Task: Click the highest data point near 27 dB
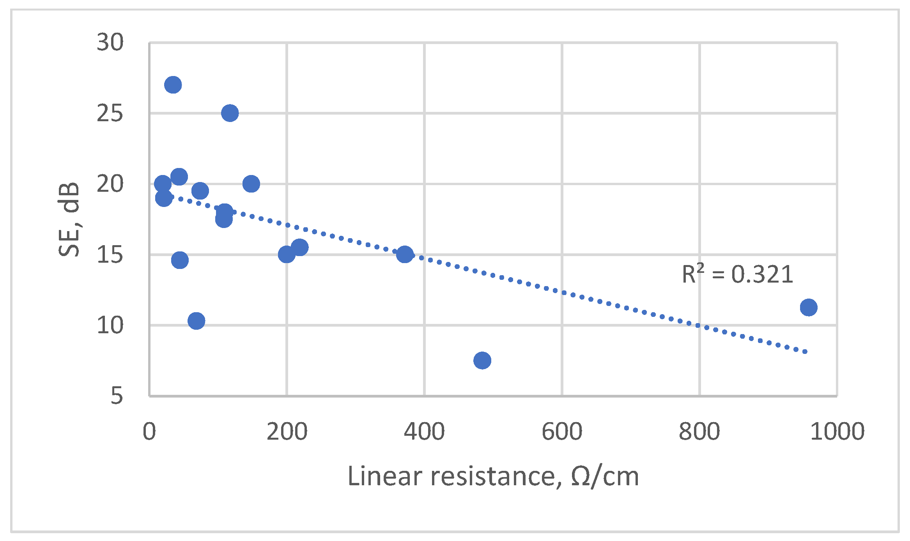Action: [173, 85]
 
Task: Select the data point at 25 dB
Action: [230, 113]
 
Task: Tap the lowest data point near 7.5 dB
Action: [482, 360]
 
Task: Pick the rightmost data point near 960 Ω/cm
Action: [808, 308]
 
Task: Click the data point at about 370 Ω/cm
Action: [405, 255]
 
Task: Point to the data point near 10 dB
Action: [196, 321]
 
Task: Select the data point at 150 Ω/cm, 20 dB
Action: [251, 184]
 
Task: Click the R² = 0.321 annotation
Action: [737, 274]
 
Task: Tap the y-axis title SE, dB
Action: [69, 219]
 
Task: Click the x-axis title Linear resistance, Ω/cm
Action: [493, 476]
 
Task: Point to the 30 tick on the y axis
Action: [110, 42]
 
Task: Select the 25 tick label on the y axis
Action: [110, 113]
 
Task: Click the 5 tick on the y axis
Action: [117, 396]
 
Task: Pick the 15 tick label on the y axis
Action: [110, 255]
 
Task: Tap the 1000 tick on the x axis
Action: [837, 432]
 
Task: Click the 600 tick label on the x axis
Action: [562, 432]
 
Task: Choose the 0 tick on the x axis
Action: [149, 432]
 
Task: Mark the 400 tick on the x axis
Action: [424, 432]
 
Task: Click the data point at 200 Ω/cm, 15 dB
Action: [287, 255]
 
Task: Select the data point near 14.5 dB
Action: [180, 260]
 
